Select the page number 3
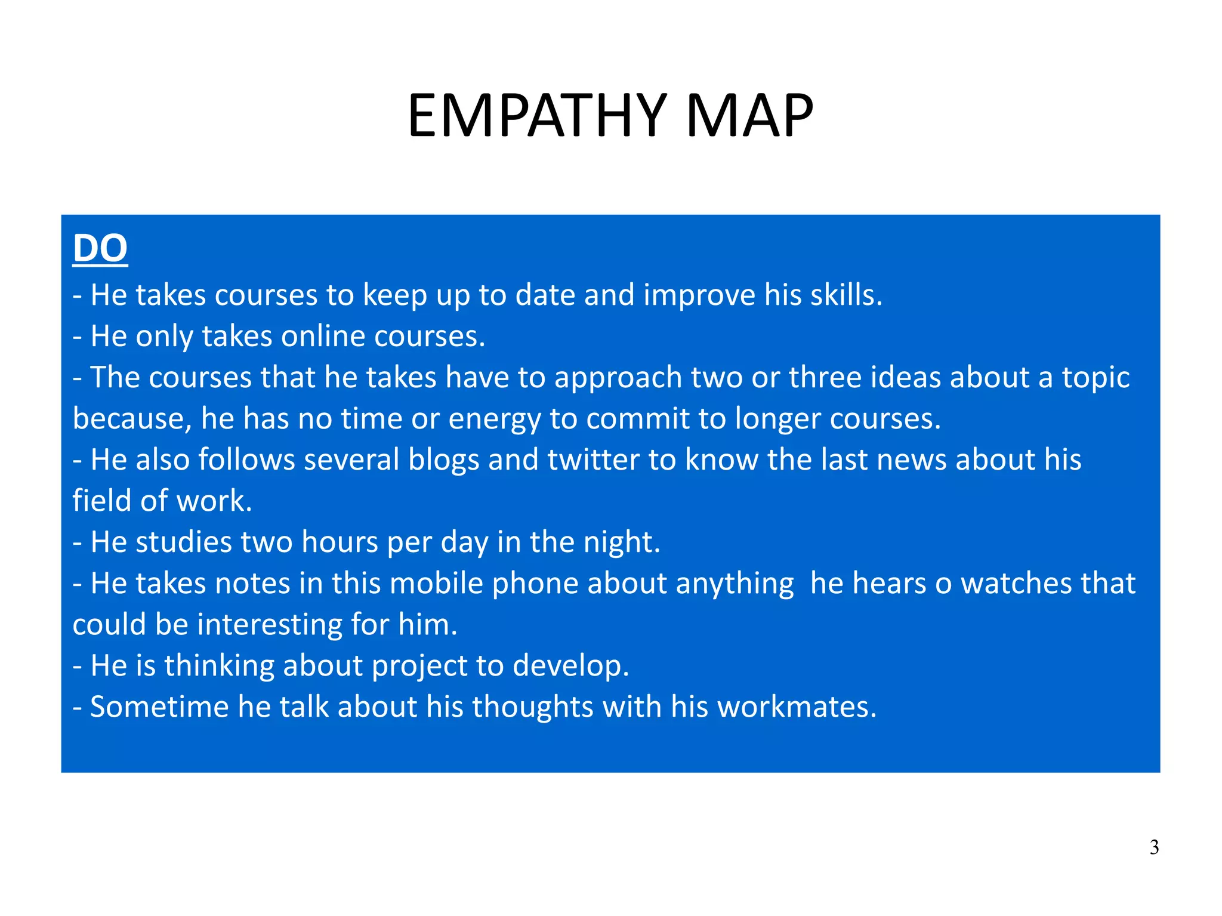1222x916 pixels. (x=1154, y=847)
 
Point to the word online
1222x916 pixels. (x=323, y=336)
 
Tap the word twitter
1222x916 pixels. (x=593, y=459)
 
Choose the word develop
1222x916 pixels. (x=570, y=666)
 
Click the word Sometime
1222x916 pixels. (x=159, y=707)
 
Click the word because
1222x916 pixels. (x=132, y=419)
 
